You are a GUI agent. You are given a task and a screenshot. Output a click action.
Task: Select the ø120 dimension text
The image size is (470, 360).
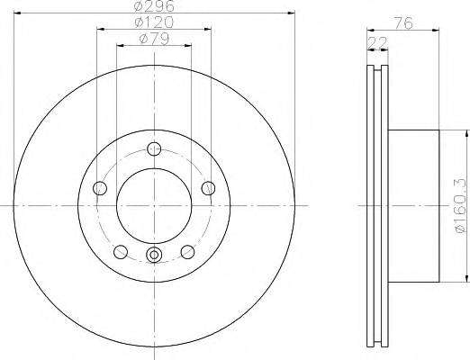tap(154, 22)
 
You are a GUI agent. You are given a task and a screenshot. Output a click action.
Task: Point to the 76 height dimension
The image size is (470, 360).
tap(402, 25)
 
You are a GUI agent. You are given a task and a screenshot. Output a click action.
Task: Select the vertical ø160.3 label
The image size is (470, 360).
tap(460, 206)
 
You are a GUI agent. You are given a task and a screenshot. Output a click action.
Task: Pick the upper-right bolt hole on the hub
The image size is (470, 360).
tap(208, 187)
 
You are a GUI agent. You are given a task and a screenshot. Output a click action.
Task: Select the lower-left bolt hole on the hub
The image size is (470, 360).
tap(121, 251)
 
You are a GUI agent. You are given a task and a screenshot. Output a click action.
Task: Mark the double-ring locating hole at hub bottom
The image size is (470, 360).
tap(154, 256)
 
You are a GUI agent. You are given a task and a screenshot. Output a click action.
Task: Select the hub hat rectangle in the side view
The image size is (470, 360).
tap(414, 205)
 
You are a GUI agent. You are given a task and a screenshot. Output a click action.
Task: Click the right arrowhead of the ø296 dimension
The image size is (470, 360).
tap(291, 13)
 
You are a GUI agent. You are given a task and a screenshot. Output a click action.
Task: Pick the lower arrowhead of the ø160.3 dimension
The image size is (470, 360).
tap(466, 277)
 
